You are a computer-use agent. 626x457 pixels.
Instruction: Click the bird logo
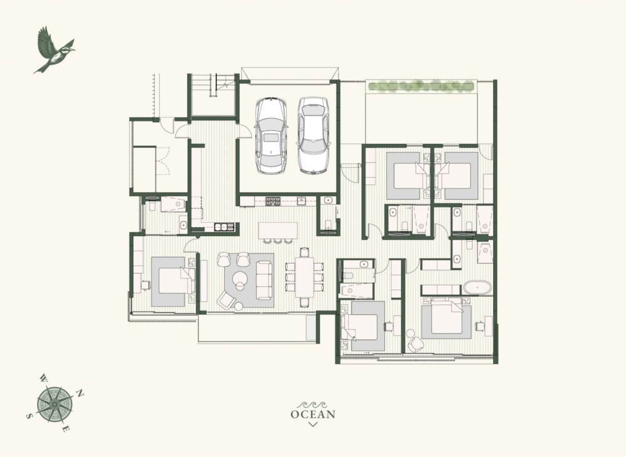click(54, 50)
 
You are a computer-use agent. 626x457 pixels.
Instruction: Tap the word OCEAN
click(313, 414)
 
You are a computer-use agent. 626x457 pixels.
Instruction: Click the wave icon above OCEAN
click(313, 404)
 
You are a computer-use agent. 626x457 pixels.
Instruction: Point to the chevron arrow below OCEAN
click(313, 424)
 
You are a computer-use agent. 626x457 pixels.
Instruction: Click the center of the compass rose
click(54, 404)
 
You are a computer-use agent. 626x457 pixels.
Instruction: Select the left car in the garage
click(271, 135)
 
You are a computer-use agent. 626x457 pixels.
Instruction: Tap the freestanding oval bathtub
click(477, 288)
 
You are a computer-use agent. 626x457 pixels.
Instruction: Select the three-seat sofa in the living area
click(264, 280)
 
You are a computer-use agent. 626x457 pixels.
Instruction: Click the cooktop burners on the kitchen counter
click(274, 201)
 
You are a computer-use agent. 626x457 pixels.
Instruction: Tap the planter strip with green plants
click(421, 85)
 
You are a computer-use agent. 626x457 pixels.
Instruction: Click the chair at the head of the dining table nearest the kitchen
click(305, 252)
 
